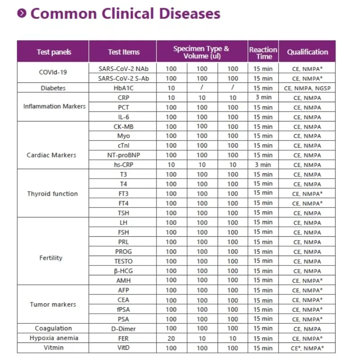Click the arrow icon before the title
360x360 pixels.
(22, 13)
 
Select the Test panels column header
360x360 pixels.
(54, 52)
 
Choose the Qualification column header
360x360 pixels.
(308, 52)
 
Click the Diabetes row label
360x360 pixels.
(53, 88)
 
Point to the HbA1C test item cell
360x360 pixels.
(124, 88)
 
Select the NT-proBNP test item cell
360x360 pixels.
(124, 155)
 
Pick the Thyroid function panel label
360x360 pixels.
(53, 194)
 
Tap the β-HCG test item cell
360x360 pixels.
(124, 271)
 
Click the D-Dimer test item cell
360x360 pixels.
(124, 329)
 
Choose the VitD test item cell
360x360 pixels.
(124, 348)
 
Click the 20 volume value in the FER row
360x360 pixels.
(171, 338)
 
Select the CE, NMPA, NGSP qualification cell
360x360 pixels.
(308, 88)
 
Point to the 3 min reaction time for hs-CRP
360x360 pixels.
(263, 165)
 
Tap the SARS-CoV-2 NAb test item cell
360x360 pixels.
(124, 69)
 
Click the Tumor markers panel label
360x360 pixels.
(53, 305)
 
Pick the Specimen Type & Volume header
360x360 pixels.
(201, 52)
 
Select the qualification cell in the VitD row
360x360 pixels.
(308, 348)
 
